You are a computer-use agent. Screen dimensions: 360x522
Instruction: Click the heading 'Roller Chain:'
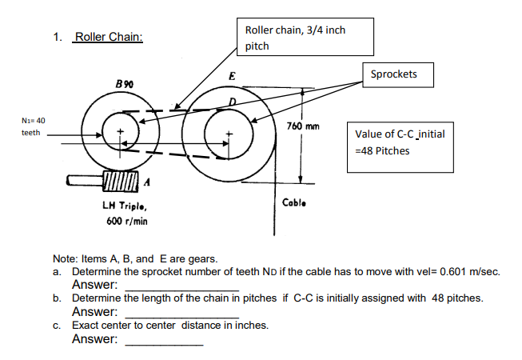[x=107, y=38]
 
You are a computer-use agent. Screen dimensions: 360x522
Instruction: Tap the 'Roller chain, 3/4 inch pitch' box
[x=295, y=38]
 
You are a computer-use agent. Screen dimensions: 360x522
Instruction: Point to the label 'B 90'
[x=124, y=84]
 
